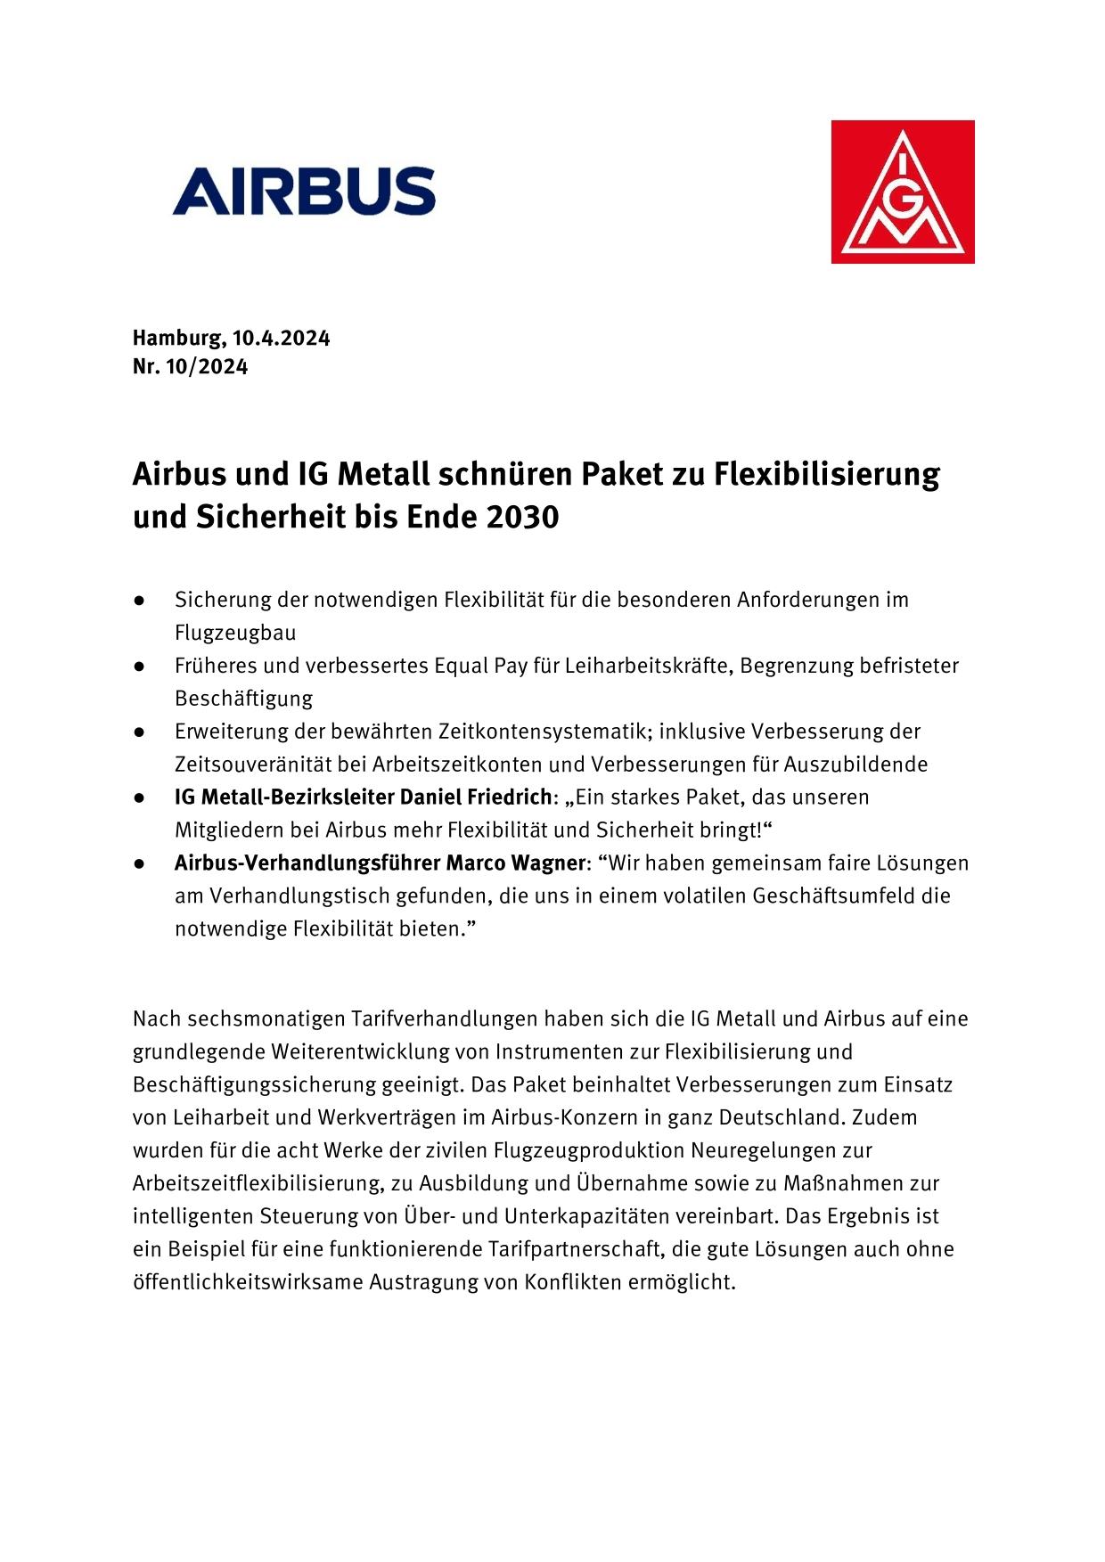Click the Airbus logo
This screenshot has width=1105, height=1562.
pos(304,191)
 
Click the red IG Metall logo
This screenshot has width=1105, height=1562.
pos(902,192)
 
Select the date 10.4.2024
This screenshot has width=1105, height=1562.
pos(282,339)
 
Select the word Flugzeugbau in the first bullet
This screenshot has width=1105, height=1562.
pos(235,633)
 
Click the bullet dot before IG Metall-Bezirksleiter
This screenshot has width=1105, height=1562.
pos(140,797)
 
